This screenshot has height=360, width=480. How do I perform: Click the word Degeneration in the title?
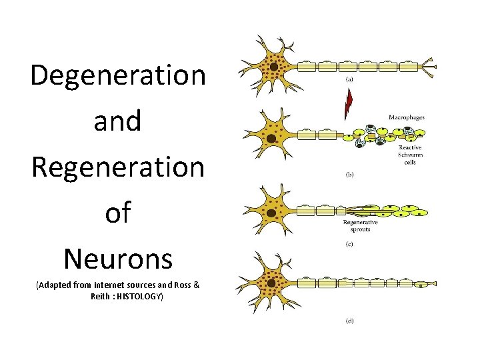(x=118, y=75)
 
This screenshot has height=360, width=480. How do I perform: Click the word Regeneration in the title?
(x=118, y=167)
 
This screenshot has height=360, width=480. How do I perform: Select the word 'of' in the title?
(x=118, y=213)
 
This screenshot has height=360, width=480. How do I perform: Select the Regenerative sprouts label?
(x=360, y=225)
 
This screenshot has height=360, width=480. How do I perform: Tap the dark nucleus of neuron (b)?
(x=271, y=139)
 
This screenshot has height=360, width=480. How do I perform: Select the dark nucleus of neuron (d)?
(x=271, y=283)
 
